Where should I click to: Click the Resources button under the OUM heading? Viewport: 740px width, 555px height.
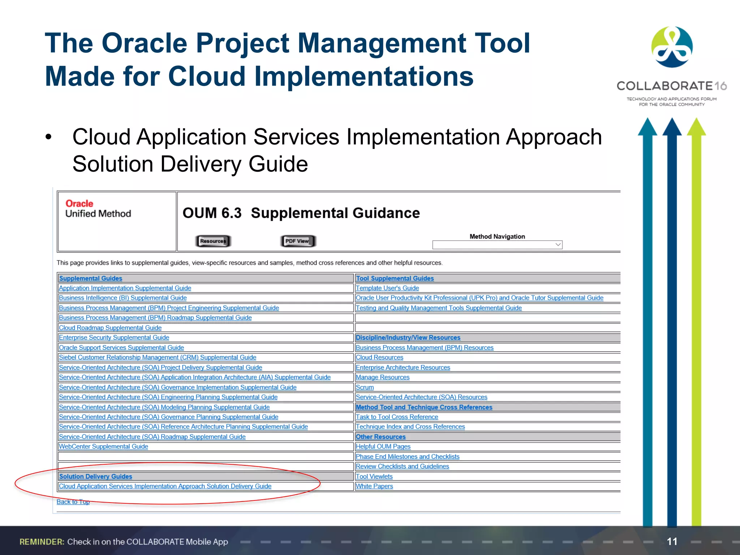point(213,241)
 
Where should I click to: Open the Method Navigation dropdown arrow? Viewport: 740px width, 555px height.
point(558,245)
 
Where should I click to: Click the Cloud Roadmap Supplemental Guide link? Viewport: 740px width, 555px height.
point(110,328)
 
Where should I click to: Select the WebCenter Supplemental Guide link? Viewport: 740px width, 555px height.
point(103,447)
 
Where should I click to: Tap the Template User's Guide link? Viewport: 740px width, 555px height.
point(387,288)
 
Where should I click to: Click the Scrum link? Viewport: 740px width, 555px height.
point(365,387)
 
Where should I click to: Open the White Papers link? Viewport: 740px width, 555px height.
point(374,486)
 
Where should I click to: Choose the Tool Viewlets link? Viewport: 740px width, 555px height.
point(374,477)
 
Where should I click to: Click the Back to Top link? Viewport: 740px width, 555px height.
point(73,502)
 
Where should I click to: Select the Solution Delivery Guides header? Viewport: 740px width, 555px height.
point(96,477)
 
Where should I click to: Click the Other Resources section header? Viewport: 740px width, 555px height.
point(380,437)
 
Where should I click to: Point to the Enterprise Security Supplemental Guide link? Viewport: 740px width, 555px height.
point(114,337)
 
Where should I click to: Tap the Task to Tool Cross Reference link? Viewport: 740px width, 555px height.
point(397,417)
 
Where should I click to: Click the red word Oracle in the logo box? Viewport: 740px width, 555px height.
point(79,204)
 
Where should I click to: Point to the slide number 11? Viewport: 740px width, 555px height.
point(672,541)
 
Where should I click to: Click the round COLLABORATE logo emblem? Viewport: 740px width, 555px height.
point(672,47)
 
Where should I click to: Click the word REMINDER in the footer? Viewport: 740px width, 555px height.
point(42,542)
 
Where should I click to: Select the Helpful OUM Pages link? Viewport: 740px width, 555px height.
point(383,447)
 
